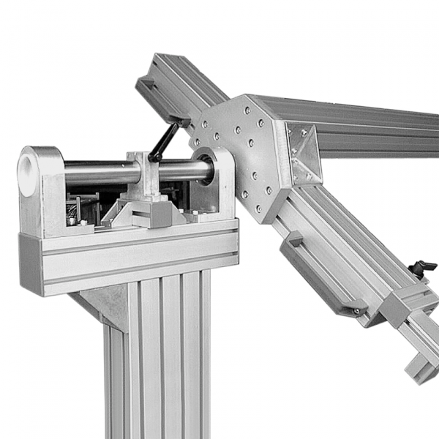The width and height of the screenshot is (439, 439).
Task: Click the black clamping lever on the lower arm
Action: coord(422,268)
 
